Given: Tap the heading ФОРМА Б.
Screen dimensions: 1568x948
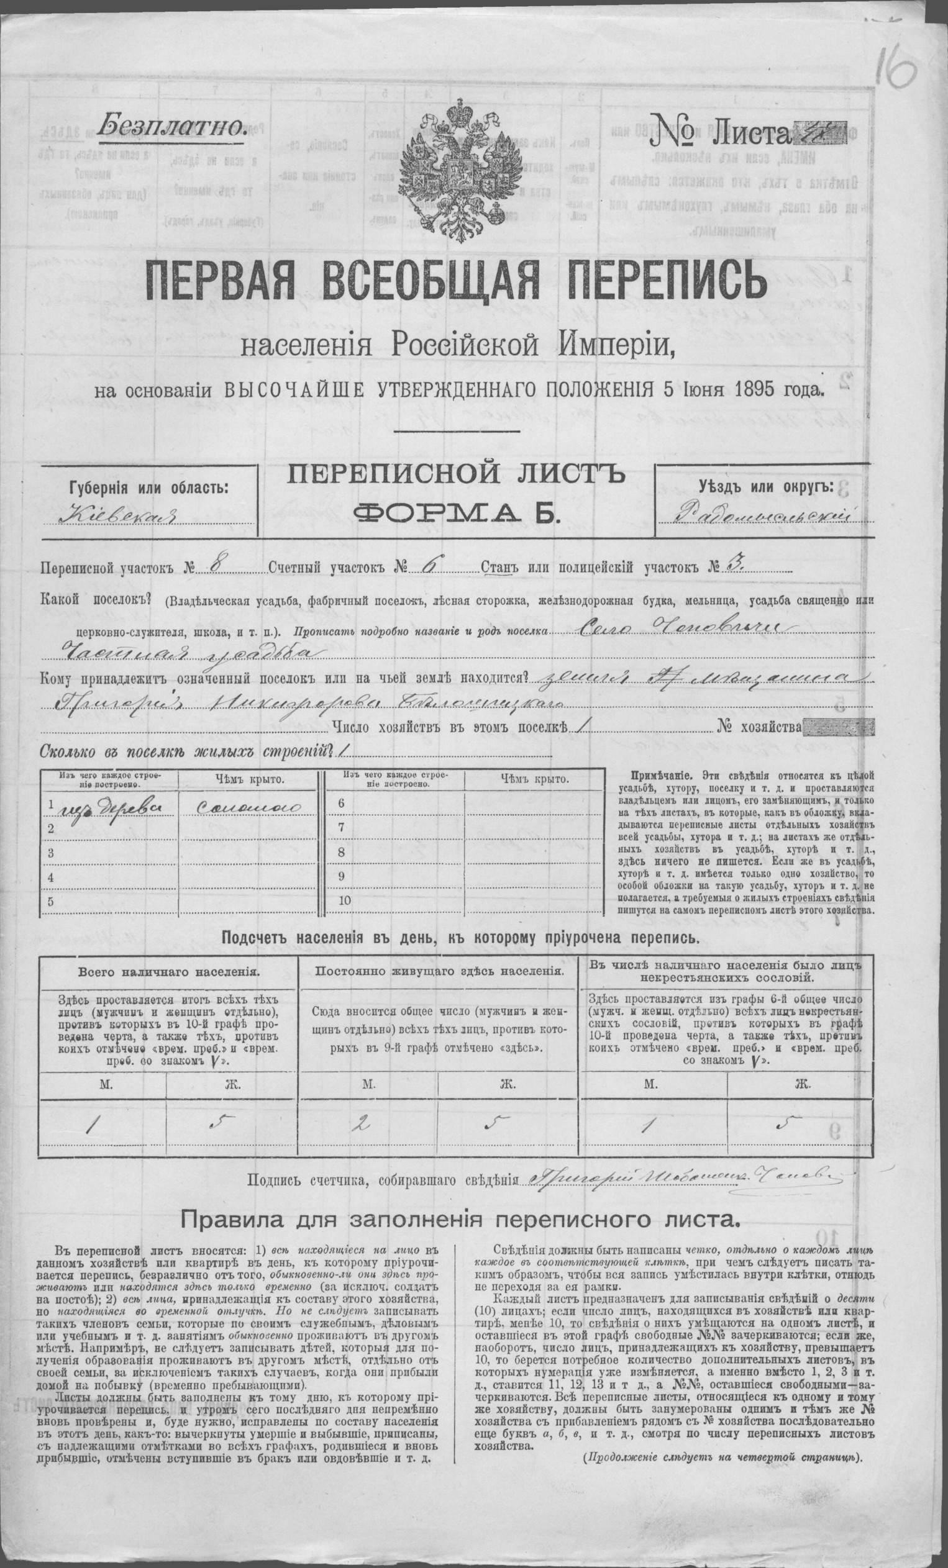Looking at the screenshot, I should [455, 512].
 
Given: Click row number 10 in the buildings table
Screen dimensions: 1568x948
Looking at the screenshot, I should [345, 900].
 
